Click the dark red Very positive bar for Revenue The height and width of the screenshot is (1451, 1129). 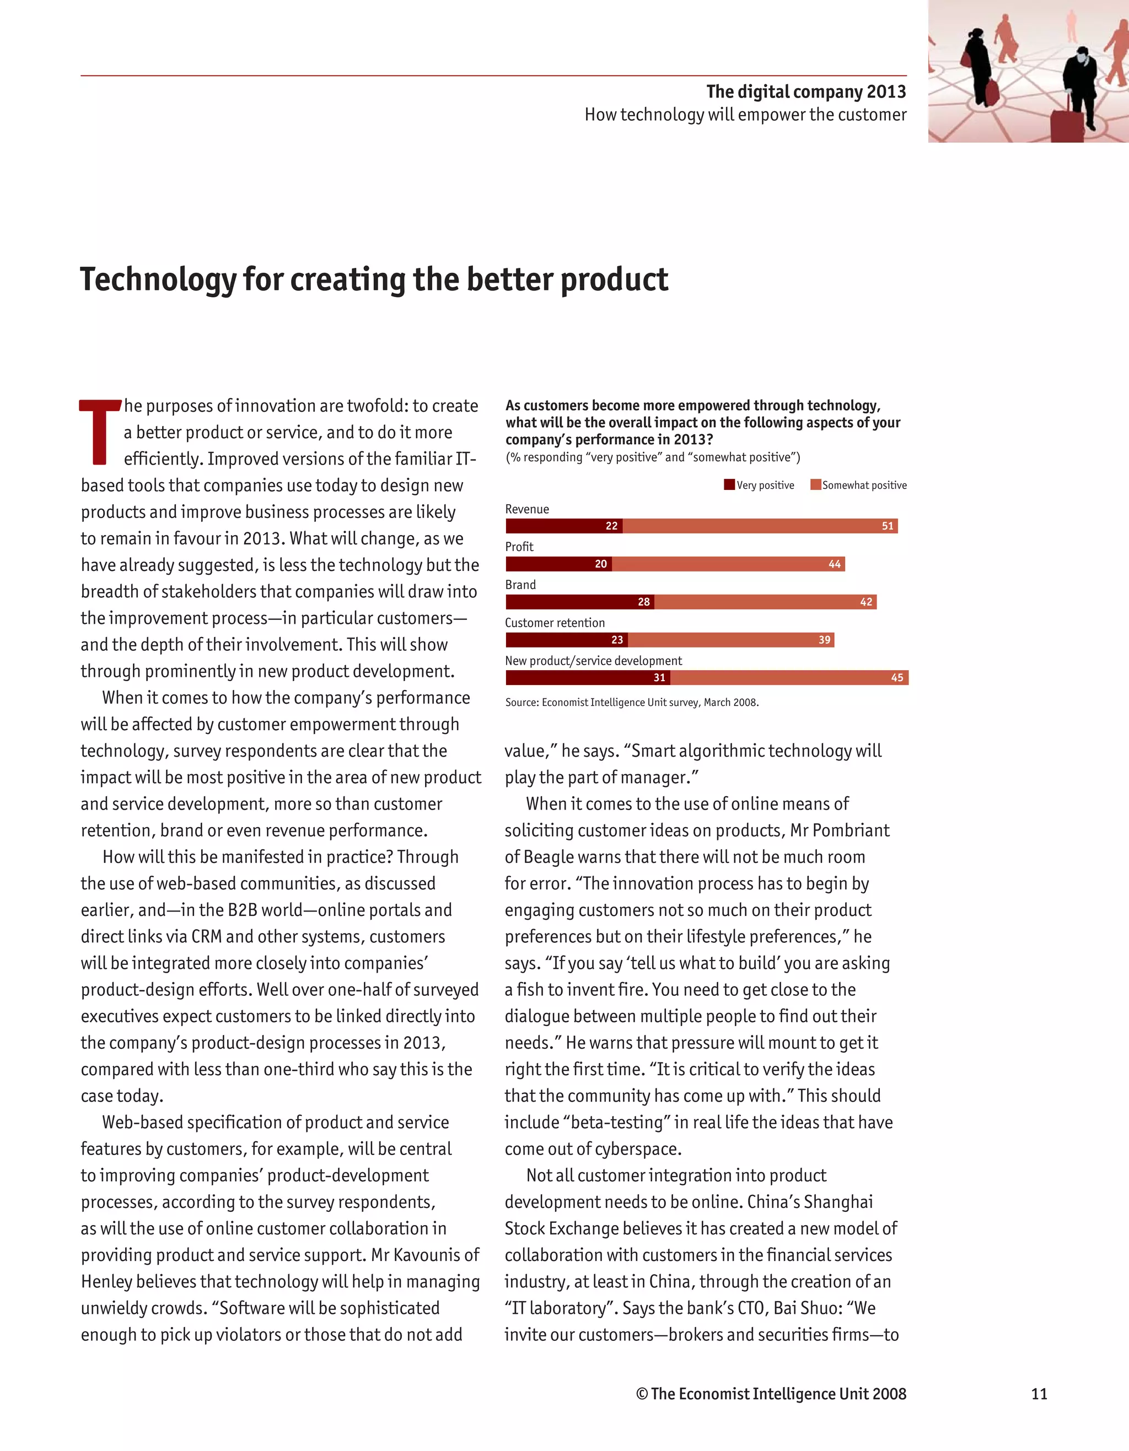click(x=563, y=526)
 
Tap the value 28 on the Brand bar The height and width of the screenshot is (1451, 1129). click(x=643, y=602)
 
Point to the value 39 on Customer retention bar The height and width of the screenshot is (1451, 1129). click(x=824, y=640)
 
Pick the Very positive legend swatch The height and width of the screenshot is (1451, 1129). click(x=729, y=485)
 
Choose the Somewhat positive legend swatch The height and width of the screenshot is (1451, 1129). click(x=815, y=485)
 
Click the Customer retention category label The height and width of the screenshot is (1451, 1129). click(x=555, y=623)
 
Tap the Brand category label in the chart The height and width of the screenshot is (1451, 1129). click(x=520, y=585)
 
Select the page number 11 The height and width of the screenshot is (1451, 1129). click(x=1039, y=1394)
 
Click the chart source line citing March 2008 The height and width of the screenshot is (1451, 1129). click(x=631, y=702)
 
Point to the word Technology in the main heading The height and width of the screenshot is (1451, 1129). click(x=158, y=280)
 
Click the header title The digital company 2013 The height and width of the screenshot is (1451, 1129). click(x=806, y=91)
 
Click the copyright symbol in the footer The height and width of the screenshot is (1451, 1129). click(x=642, y=1394)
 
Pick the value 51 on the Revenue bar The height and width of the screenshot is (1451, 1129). click(x=887, y=526)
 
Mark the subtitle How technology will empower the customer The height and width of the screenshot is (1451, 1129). click(x=745, y=115)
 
